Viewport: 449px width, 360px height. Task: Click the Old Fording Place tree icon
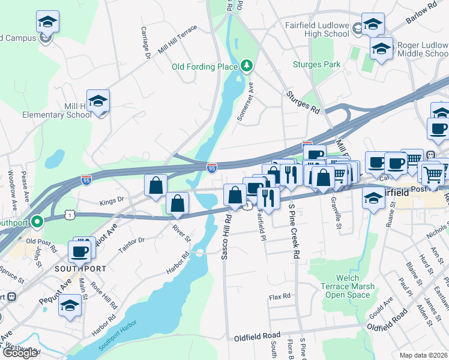pyautogui.click(x=246, y=65)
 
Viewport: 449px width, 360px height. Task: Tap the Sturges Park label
pyautogui.click(x=316, y=65)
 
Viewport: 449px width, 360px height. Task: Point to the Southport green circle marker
pyautogui.click(x=37, y=223)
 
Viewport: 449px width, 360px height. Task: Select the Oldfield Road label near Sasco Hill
pyautogui.click(x=258, y=335)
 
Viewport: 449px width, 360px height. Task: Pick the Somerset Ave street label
pyautogui.click(x=247, y=102)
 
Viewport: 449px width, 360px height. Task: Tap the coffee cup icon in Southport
pyautogui.click(x=80, y=251)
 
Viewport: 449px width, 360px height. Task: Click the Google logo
pyautogui.click(x=20, y=353)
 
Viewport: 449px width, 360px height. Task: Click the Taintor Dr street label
pyautogui.click(x=132, y=241)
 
